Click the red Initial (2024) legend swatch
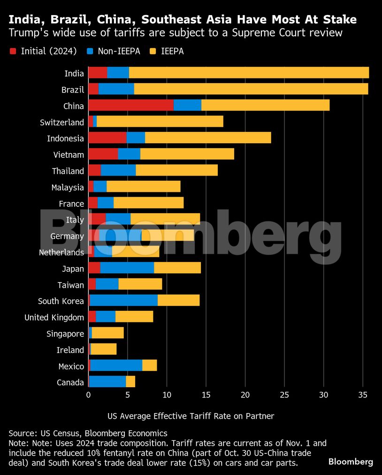pos(13,51)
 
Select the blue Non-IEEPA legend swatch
pos(89,51)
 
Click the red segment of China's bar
pos(130,106)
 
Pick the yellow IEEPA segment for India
pos(249,73)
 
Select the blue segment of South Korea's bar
pos(123,301)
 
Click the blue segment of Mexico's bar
pos(116,366)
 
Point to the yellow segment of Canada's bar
pos(130,382)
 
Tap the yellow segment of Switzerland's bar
pos(160,122)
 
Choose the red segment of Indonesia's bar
pos(107,138)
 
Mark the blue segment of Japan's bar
pos(127,268)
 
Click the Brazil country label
pos(73,90)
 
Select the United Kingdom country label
pos(54,318)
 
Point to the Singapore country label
pos(65,334)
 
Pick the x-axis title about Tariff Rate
pos(191,416)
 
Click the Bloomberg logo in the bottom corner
pos(351,462)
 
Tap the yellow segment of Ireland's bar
pos(104,350)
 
